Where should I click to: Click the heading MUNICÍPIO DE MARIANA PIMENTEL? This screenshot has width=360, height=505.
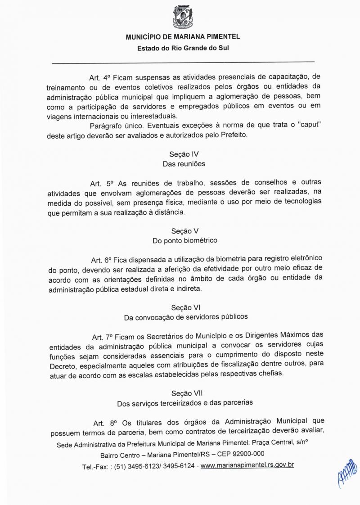click(183, 37)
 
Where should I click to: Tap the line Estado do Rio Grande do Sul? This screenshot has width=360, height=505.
click(183, 48)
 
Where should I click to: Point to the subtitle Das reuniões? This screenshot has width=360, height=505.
click(184, 164)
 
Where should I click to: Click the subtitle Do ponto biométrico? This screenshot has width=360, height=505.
click(185, 240)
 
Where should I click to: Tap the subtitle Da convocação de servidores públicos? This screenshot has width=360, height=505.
click(185, 317)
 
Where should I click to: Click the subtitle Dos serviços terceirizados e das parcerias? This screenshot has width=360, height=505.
click(185, 402)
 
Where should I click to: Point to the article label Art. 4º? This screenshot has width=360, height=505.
click(99, 77)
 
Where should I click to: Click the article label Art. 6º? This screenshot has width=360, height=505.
click(101, 260)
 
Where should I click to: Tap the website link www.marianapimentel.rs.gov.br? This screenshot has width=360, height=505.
click(247, 464)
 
